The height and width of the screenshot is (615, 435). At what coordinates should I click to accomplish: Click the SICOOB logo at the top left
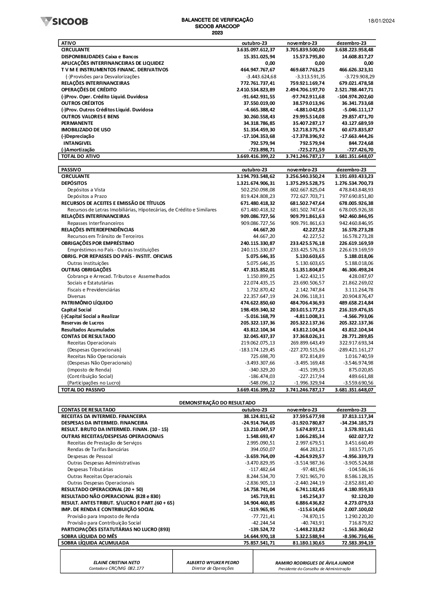64,21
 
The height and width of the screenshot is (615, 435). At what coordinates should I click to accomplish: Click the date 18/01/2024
381,21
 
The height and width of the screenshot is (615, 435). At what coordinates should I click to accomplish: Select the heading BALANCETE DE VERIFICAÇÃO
217,20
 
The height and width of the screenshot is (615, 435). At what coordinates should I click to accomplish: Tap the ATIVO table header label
69,43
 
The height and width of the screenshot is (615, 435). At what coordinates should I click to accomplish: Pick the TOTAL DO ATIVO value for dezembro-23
354,156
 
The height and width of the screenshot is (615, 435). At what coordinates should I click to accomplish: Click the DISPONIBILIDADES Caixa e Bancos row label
100,57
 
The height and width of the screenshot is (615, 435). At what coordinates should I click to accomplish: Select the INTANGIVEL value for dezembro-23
361,143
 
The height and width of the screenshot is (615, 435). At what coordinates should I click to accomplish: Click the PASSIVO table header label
71,170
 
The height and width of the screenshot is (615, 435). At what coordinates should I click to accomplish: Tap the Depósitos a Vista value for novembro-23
307,190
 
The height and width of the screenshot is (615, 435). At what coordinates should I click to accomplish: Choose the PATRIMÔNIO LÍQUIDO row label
87,303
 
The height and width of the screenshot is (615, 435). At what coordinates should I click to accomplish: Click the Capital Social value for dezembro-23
354,310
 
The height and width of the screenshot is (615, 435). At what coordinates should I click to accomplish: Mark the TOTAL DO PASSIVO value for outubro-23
256,390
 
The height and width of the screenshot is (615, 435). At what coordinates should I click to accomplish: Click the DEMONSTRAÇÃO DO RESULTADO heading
217,403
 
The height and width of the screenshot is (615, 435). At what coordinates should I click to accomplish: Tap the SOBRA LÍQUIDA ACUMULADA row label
95,543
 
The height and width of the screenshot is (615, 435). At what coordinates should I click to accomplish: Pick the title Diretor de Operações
213,568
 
